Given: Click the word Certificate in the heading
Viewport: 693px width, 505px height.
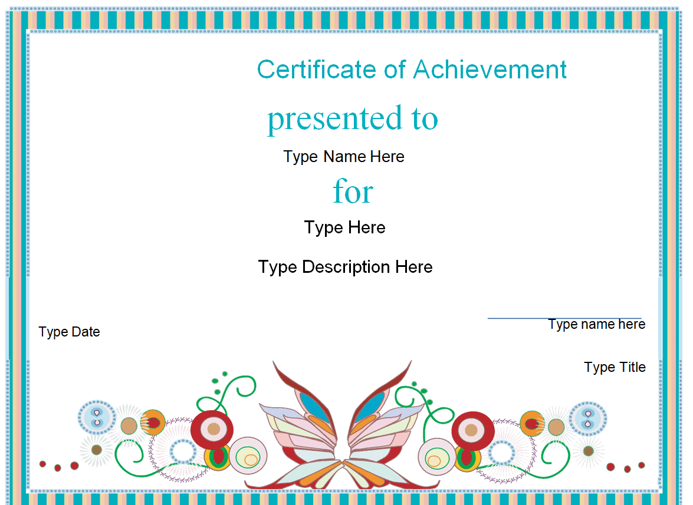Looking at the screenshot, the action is [x=317, y=70].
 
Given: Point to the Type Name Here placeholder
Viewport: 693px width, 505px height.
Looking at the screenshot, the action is [x=344, y=157].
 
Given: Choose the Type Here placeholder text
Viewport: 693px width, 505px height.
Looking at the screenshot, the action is [x=345, y=228].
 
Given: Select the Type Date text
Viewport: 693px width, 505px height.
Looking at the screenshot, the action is [x=69, y=332].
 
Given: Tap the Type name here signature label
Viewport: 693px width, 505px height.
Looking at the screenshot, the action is [x=597, y=325].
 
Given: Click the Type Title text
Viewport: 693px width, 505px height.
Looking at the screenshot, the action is [x=615, y=367].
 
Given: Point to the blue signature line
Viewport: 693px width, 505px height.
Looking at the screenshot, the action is [x=564, y=318].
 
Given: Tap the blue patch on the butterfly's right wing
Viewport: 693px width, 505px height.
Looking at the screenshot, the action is [x=369, y=406].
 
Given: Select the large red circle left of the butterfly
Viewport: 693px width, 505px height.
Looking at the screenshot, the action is [x=212, y=428].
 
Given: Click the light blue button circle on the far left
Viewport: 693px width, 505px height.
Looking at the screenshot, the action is [x=97, y=418].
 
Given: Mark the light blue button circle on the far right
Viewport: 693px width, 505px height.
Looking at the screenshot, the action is [x=588, y=418].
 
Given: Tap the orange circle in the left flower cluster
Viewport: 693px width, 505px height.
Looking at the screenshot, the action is [x=153, y=423].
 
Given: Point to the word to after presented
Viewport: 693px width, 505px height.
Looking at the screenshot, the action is [x=424, y=119].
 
